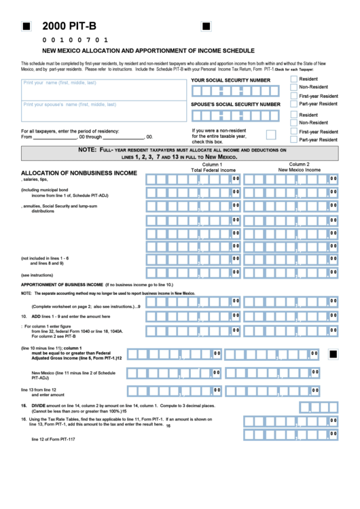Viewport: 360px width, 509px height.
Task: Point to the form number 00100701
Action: [x=75, y=40]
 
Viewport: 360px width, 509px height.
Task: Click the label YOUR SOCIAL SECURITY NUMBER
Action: [x=230, y=80]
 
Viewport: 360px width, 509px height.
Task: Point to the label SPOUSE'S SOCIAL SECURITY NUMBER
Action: [x=235, y=104]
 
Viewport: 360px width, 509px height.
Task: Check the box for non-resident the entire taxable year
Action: [x=271, y=135]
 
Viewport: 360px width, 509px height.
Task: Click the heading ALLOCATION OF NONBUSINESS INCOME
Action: [x=79, y=173]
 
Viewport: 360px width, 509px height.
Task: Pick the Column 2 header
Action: [x=299, y=164]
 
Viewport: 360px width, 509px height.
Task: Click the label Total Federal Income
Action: [x=213, y=171]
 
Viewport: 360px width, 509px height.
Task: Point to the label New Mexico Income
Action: [x=299, y=170]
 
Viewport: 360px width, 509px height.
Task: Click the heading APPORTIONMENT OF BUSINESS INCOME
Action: [x=62, y=284]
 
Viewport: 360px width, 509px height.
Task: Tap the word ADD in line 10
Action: [x=37, y=316]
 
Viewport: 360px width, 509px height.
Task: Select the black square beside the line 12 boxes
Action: [x=333, y=354]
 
